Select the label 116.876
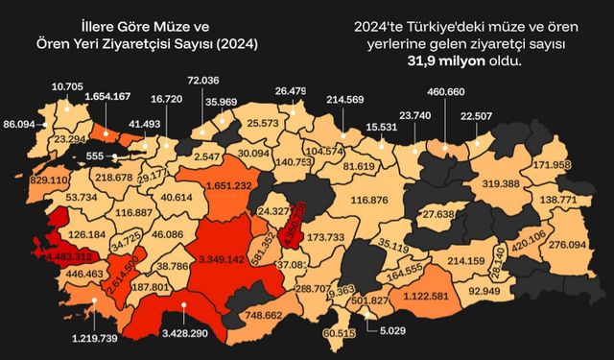(369, 200)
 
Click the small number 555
(93, 156)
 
